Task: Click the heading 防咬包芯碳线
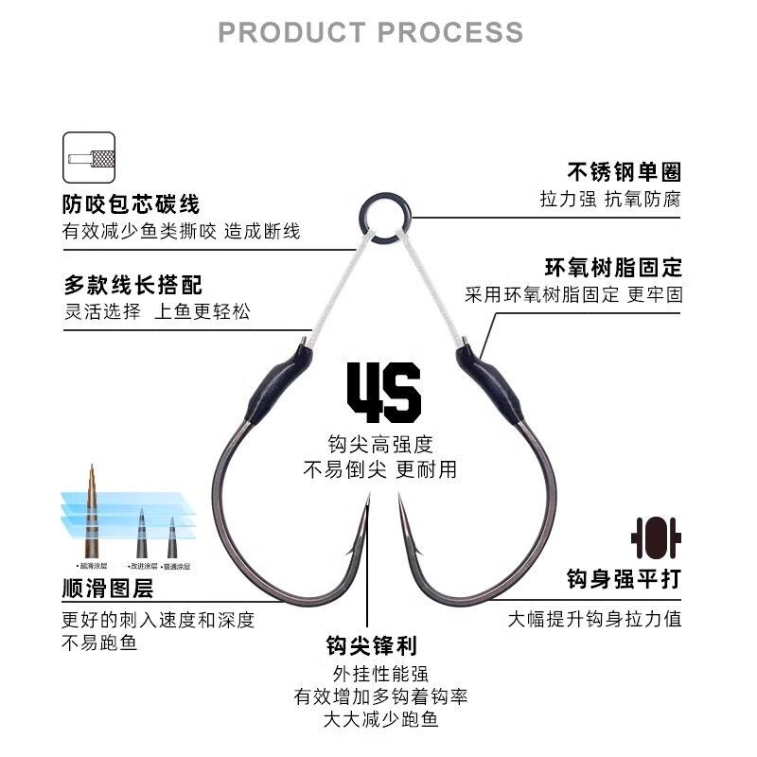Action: pos(132,204)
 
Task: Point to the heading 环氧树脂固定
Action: pos(613,268)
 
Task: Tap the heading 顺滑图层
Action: pos(108,590)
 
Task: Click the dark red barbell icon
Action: pos(656,536)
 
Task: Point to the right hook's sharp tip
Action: pos(399,500)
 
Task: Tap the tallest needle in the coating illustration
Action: pos(92,511)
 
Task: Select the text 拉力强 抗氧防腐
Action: pos(610,200)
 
